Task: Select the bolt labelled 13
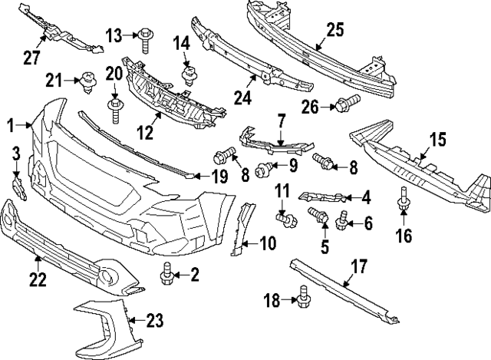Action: (146, 35)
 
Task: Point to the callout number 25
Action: (334, 30)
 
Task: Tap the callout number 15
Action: (437, 139)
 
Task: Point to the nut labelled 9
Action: (264, 167)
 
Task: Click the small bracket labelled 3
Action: (18, 186)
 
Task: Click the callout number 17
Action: (357, 269)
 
